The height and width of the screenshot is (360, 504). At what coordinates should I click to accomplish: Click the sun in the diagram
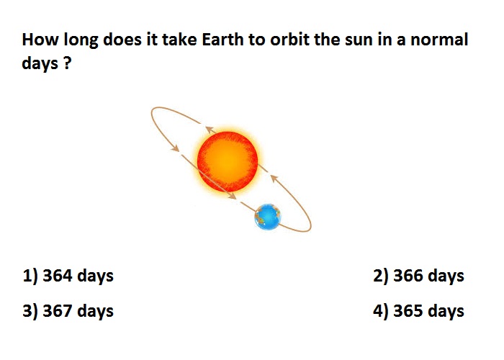coord(228,162)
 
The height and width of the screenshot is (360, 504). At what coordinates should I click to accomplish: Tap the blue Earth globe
coord(267,217)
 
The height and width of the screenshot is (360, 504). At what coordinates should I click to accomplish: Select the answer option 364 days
coord(68,276)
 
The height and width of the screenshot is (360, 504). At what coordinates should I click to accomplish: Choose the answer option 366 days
coord(418,276)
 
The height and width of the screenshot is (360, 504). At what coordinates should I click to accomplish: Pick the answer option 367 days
coord(68,312)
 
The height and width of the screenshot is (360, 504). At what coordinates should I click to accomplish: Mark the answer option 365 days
coord(418,312)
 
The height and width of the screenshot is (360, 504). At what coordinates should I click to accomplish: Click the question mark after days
coord(67,63)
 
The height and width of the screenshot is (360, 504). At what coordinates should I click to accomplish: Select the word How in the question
coord(40,40)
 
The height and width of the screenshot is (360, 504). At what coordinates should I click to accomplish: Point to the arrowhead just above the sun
coord(210,130)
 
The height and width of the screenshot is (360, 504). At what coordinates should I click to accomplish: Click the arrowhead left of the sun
coord(175,148)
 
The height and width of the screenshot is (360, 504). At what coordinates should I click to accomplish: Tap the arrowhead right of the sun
coord(274,178)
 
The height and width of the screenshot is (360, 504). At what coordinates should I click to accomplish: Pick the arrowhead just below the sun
coord(231,195)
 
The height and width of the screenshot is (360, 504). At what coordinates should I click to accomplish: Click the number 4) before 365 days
coord(381,312)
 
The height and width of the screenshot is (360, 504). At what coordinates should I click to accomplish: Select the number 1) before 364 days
coord(30,276)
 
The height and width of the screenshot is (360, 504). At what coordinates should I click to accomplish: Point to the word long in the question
coord(81,40)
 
